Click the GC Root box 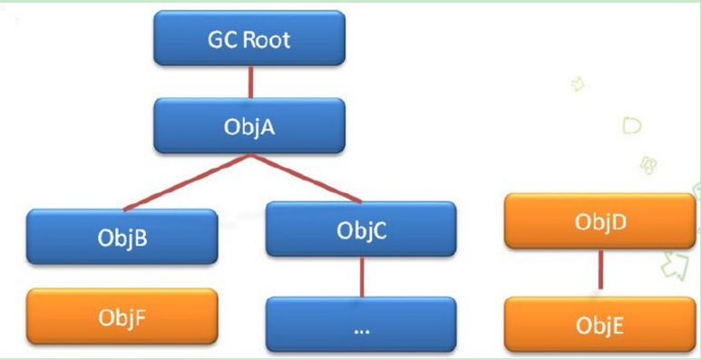click(x=248, y=38)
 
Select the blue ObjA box click(x=248, y=125)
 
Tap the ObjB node click(x=122, y=237)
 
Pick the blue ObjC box click(x=362, y=229)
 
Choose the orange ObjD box click(x=599, y=220)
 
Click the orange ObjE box click(x=599, y=324)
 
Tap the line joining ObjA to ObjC click(x=304, y=178)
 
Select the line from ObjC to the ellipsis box click(x=362, y=277)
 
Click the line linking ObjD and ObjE click(x=599, y=270)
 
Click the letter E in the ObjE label click(x=618, y=325)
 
